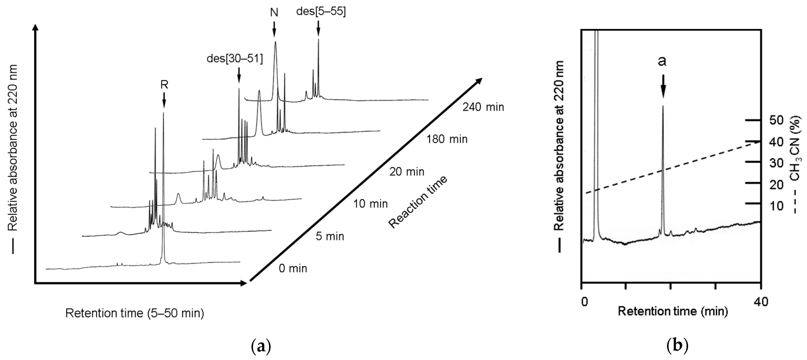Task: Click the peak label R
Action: click(164, 85)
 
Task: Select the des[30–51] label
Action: click(235, 59)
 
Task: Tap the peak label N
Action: click(274, 13)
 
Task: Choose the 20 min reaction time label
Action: click(407, 172)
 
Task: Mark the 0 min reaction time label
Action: click(293, 268)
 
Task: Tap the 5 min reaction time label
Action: click(330, 236)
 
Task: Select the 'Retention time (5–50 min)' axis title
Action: click(135, 313)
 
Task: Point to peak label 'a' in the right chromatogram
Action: click(662, 62)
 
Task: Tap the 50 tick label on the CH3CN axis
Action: click(776, 120)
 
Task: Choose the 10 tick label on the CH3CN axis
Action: click(776, 206)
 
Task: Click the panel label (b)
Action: click(677, 346)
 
